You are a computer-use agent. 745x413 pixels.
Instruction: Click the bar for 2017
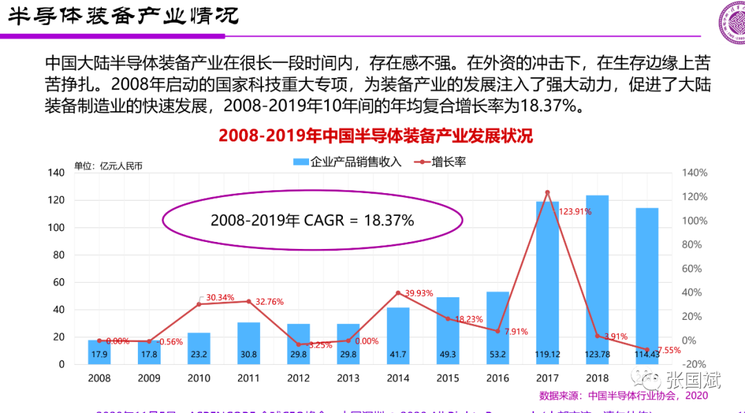click(x=547, y=283)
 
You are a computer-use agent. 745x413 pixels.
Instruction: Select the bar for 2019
click(x=647, y=285)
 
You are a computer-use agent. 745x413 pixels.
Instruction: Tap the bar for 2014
click(x=398, y=335)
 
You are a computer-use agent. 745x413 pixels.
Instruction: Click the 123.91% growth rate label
click(x=575, y=212)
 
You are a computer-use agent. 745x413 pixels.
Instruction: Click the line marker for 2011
click(x=248, y=301)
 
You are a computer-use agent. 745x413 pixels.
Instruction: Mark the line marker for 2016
click(x=497, y=331)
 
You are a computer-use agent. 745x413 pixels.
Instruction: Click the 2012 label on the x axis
click(x=298, y=379)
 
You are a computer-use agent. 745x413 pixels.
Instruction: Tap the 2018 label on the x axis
click(x=597, y=379)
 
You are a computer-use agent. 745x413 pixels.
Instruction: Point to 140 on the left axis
click(x=56, y=173)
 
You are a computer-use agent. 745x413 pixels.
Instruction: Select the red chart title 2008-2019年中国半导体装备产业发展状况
click(x=376, y=135)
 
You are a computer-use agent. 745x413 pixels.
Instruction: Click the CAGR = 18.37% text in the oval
click(x=312, y=221)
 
